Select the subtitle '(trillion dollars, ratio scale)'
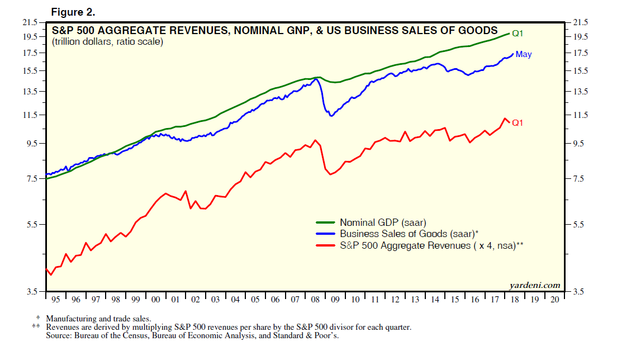click(107, 42)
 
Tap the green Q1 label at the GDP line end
click(518, 34)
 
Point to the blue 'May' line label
click(524, 54)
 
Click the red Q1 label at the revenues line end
click(518, 122)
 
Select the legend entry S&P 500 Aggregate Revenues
click(431, 245)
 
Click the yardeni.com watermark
click(535, 285)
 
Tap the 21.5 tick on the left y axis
click(30, 22)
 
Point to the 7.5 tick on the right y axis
click(580, 179)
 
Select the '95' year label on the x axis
click(55, 300)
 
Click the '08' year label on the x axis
click(315, 300)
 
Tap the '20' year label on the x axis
click(555, 300)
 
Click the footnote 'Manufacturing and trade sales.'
click(98, 319)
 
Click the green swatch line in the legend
click(325, 222)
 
